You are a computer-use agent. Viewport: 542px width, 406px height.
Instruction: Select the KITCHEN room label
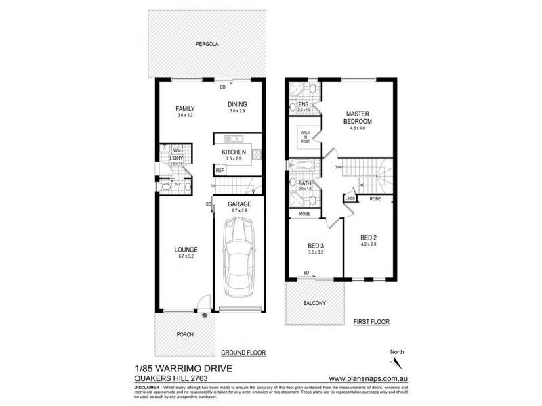(234, 152)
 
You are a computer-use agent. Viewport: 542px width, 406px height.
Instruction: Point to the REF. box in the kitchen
(220, 170)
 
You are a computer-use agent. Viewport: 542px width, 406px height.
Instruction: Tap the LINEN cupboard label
(350, 198)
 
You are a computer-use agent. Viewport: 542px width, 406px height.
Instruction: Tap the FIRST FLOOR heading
(372, 323)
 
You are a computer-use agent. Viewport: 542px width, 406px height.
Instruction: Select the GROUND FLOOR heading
(243, 353)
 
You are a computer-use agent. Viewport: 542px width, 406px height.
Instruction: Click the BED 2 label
(368, 238)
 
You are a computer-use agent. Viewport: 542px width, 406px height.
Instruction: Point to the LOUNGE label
(185, 250)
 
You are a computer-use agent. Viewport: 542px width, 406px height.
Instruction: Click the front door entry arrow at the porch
(204, 313)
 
